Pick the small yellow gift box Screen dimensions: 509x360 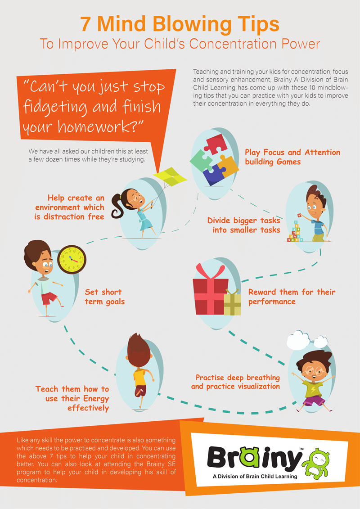[233, 303]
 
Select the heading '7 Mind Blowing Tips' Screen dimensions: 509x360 [180, 24]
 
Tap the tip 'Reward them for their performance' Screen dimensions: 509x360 [292, 297]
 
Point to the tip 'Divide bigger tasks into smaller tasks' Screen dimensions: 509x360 [243, 225]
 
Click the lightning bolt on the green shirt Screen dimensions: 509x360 [313, 388]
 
